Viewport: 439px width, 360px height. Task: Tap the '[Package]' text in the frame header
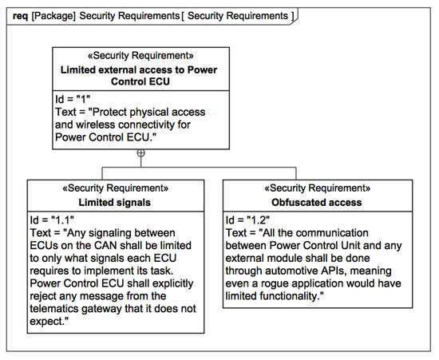coord(53,15)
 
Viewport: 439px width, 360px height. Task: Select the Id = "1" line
coord(73,98)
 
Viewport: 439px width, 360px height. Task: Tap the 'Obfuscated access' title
coord(318,202)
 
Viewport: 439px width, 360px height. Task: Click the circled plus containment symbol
coord(140,152)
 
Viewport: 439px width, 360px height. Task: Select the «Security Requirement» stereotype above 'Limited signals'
coord(116,189)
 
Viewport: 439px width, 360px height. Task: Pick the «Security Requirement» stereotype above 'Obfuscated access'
coord(318,189)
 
